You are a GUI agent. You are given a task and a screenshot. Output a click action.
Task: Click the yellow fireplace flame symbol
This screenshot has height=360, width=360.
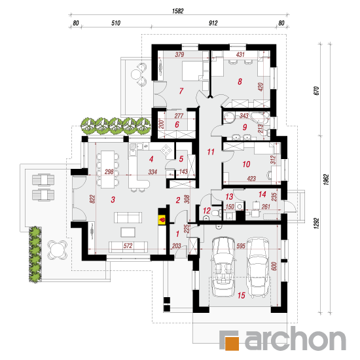click(x=162, y=220)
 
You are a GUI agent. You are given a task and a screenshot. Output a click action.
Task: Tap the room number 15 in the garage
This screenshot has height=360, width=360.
click(x=242, y=295)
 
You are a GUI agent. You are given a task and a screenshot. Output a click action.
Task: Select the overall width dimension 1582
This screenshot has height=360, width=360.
click(x=177, y=11)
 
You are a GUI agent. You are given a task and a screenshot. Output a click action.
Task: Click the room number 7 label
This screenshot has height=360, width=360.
click(x=181, y=91)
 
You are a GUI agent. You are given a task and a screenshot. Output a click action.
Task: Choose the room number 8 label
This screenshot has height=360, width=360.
click(x=240, y=81)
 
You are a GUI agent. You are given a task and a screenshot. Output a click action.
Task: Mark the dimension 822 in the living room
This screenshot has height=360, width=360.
click(x=92, y=199)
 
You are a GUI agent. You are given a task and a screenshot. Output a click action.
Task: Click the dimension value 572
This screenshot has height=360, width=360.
click(x=128, y=245)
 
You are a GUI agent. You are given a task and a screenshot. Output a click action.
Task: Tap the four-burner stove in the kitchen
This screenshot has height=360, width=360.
click(x=166, y=151)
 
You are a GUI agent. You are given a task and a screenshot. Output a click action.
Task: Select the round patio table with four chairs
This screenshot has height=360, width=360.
click(x=57, y=250)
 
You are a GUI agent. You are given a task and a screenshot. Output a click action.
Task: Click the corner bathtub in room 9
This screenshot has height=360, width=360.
click(x=261, y=117)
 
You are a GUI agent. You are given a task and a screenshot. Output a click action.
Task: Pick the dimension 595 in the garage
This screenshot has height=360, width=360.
click(x=241, y=246)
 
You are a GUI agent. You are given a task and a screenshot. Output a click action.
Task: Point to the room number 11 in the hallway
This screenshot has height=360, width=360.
click(x=211, y=152)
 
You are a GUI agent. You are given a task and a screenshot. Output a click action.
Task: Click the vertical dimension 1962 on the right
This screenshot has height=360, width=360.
click(x=326, y=179)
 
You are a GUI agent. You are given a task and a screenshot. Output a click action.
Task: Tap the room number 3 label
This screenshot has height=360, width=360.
click(x=113, y=200)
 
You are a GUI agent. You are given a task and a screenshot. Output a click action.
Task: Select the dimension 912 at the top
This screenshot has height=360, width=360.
click(x=213, y=23)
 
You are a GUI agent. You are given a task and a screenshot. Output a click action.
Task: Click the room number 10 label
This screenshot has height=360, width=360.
click(x=246, y=164)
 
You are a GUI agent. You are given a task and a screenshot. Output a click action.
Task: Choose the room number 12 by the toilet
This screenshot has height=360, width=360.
click(x=207, y=211)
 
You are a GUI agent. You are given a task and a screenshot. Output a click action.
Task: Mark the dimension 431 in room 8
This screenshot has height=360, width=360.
click(x=240, y=54)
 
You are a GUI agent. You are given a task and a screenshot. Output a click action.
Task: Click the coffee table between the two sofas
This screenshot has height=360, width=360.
click(x=128, y=232)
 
